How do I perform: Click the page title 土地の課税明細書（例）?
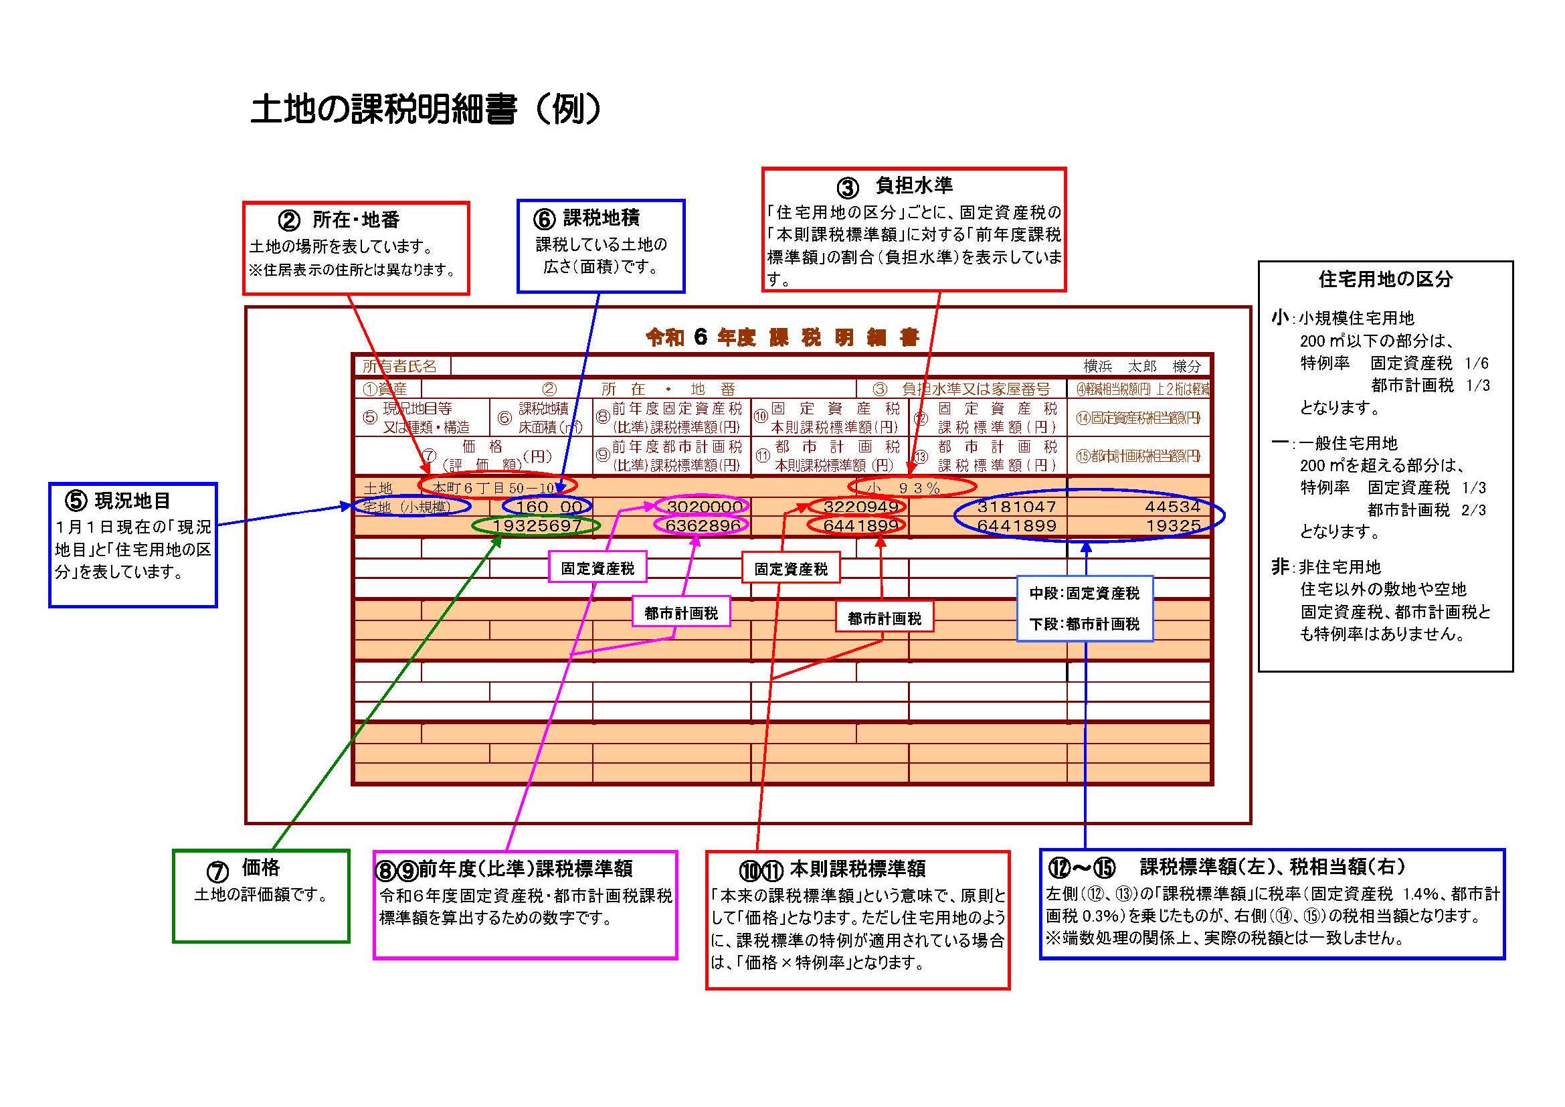(x=426, y=109)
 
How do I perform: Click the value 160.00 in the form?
(x=549, y=507)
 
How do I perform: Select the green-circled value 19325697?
(x=537, y=525)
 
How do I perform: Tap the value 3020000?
(x=704, y=507)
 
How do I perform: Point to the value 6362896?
(x=703, y=525)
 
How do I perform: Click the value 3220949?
(x=860, y=507)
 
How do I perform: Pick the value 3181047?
(x=1016, y=507)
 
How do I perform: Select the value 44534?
(x=1172, y=507)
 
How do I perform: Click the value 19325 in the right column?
(x=1172, y=525)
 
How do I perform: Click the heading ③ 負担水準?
(x=895, y=186)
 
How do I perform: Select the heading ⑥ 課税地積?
(x=586, y=218)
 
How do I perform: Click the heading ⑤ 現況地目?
(x=117, y=501)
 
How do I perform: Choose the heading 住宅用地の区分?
(x=1385, y=279)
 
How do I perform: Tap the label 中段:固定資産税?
(x=1084, y=594)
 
